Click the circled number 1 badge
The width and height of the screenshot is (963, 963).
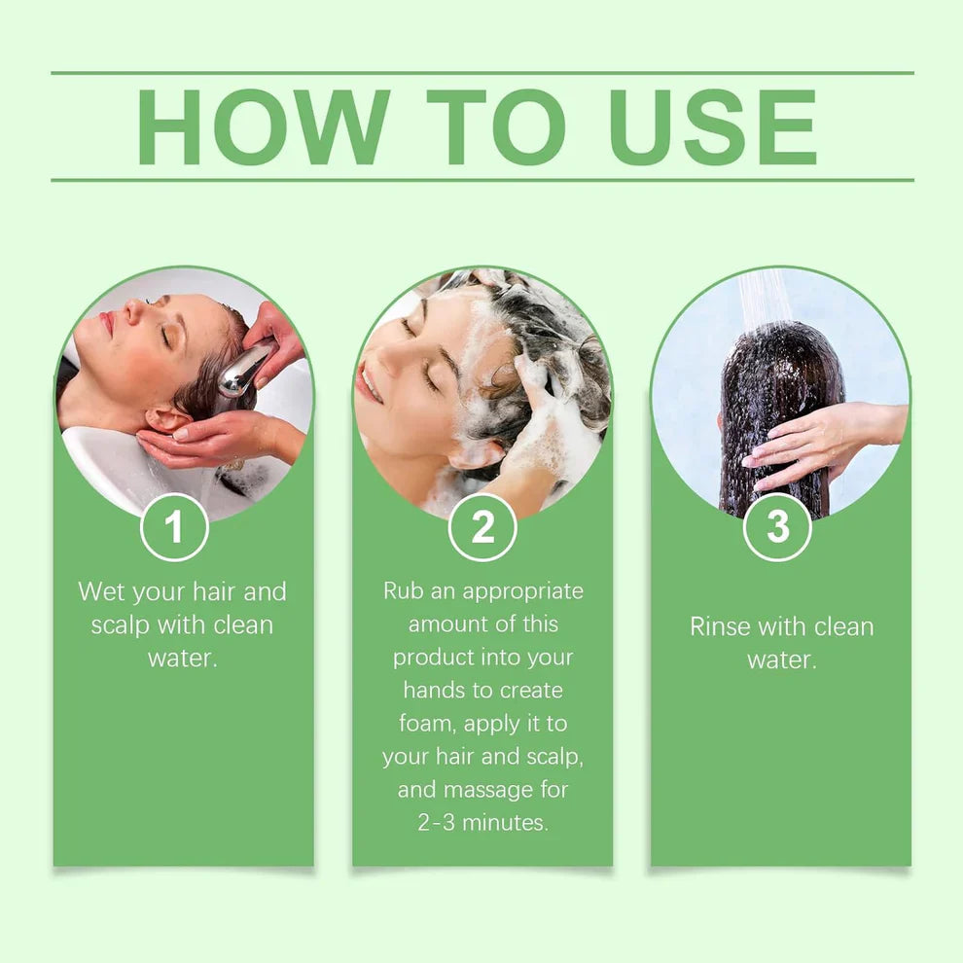point(174,527)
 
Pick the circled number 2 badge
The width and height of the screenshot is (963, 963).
point(482,527)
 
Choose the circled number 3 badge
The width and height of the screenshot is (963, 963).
point(778,527)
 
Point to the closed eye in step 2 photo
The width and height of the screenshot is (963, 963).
point(410,329)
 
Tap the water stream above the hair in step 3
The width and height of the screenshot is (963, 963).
point(767,297)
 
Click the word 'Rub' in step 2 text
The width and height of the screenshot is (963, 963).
point(404,590)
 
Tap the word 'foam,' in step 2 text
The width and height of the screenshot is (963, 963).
point(428,724)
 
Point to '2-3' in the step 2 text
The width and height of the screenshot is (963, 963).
point(437,822)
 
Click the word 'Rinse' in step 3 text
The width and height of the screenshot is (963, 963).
point(720,626)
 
